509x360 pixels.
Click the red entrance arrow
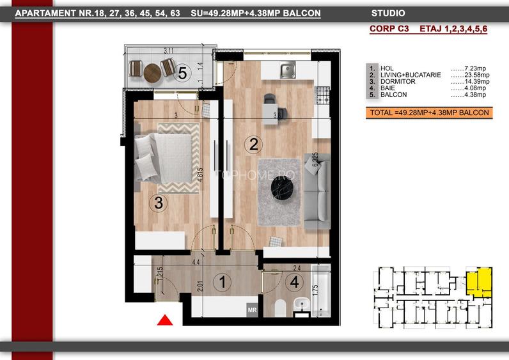(x=165, y=320)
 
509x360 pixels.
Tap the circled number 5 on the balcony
(x=182, y=73)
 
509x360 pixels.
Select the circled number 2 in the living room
(x=254, y=145)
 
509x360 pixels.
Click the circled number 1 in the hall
(x=223, y=281)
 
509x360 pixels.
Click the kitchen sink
(x=286, y=70)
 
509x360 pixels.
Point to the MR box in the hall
(x=252, y=310)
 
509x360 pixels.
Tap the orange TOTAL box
(x=428, y=113)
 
